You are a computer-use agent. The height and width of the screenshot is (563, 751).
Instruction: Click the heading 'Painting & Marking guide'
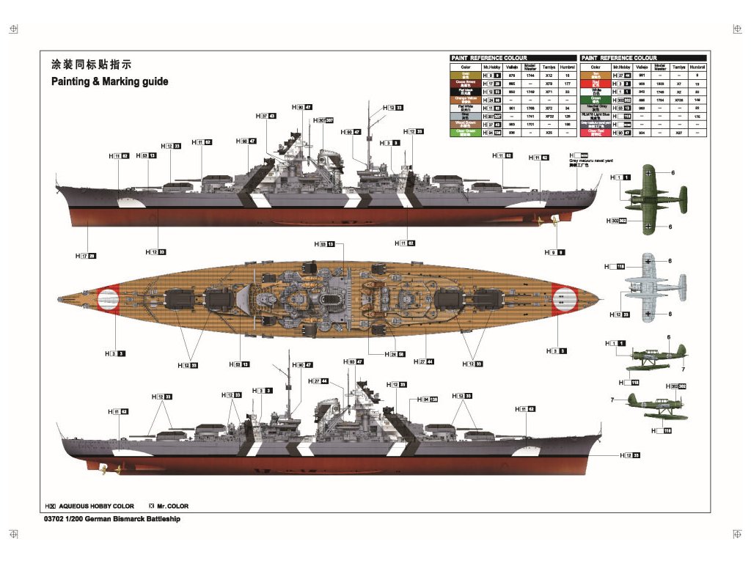click(109, 81)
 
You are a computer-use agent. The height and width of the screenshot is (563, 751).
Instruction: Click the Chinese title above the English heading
click(92, 65)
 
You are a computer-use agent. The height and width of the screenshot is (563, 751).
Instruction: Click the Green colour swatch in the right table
click(595, 100)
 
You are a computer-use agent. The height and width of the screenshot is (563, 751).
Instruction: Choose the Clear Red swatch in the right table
click(595, 133)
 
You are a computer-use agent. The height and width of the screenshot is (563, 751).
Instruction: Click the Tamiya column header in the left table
click(549, 67)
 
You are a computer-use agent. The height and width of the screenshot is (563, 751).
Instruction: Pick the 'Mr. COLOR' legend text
click(173, 506)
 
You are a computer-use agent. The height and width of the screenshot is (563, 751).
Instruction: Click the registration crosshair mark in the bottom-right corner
click(737, 532)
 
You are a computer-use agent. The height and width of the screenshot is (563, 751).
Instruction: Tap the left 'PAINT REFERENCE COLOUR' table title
click(489, 58)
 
